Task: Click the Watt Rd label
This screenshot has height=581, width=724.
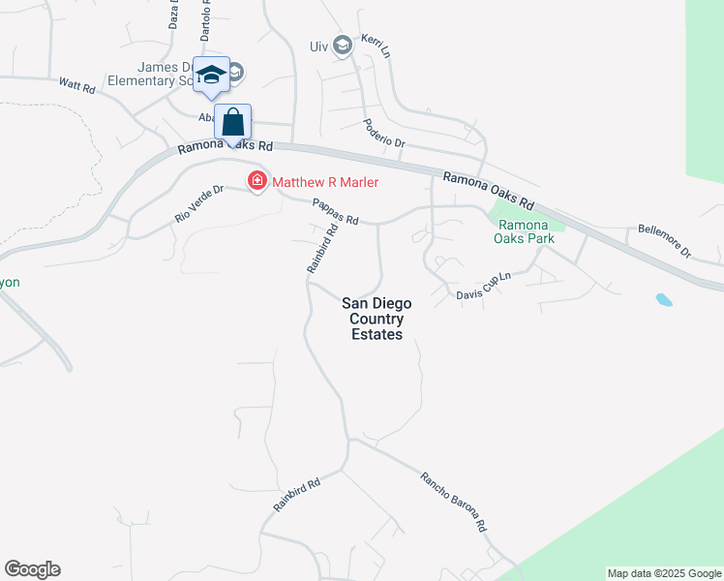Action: click(x=76, y=86)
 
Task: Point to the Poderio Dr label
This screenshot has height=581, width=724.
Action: click(x=383, y=134)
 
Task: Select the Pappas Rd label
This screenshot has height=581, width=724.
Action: click(x=335, y=212)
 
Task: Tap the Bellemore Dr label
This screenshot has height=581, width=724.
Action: click(x=663, y=241)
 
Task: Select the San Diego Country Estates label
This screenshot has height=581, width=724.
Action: click(x=373, y=319)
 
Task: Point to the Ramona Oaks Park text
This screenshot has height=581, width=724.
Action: click(x=523, y=229)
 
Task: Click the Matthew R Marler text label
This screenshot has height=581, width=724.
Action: click(x=324, y=181)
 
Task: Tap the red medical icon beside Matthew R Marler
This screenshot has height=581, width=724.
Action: click(x=257, y=180)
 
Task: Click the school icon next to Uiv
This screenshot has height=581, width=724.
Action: click(x=342, y=45)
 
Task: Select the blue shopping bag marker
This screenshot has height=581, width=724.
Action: click(x=232, y=123)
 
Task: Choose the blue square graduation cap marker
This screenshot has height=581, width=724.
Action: click(x=211, y=76)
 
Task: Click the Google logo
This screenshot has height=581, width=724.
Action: click(x=32, y=569)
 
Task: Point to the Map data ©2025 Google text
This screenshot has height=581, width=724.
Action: click(x=664, y=573)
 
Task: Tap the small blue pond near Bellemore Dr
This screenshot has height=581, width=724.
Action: click(x=663, y=299)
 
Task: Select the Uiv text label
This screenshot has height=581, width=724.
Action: click(x=318, y=46)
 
